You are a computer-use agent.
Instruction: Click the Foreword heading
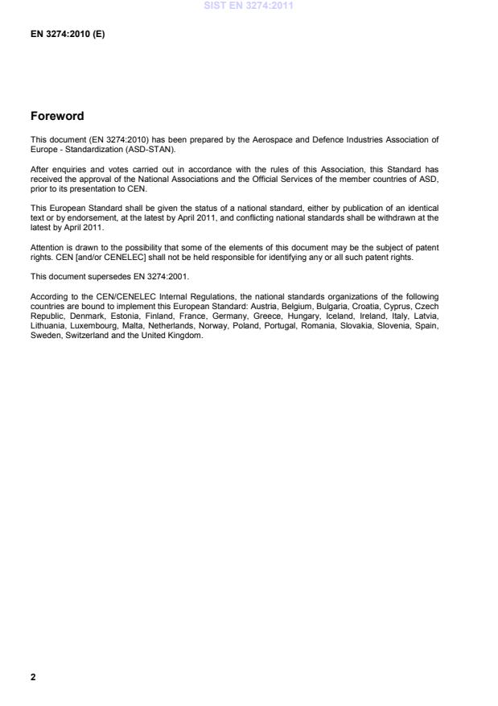tap(57, 116)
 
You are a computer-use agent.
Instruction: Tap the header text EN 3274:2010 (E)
tap(68, 36)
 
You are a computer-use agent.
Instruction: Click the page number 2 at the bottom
tap(33, 677)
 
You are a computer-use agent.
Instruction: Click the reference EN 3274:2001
tap(163, 254)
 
